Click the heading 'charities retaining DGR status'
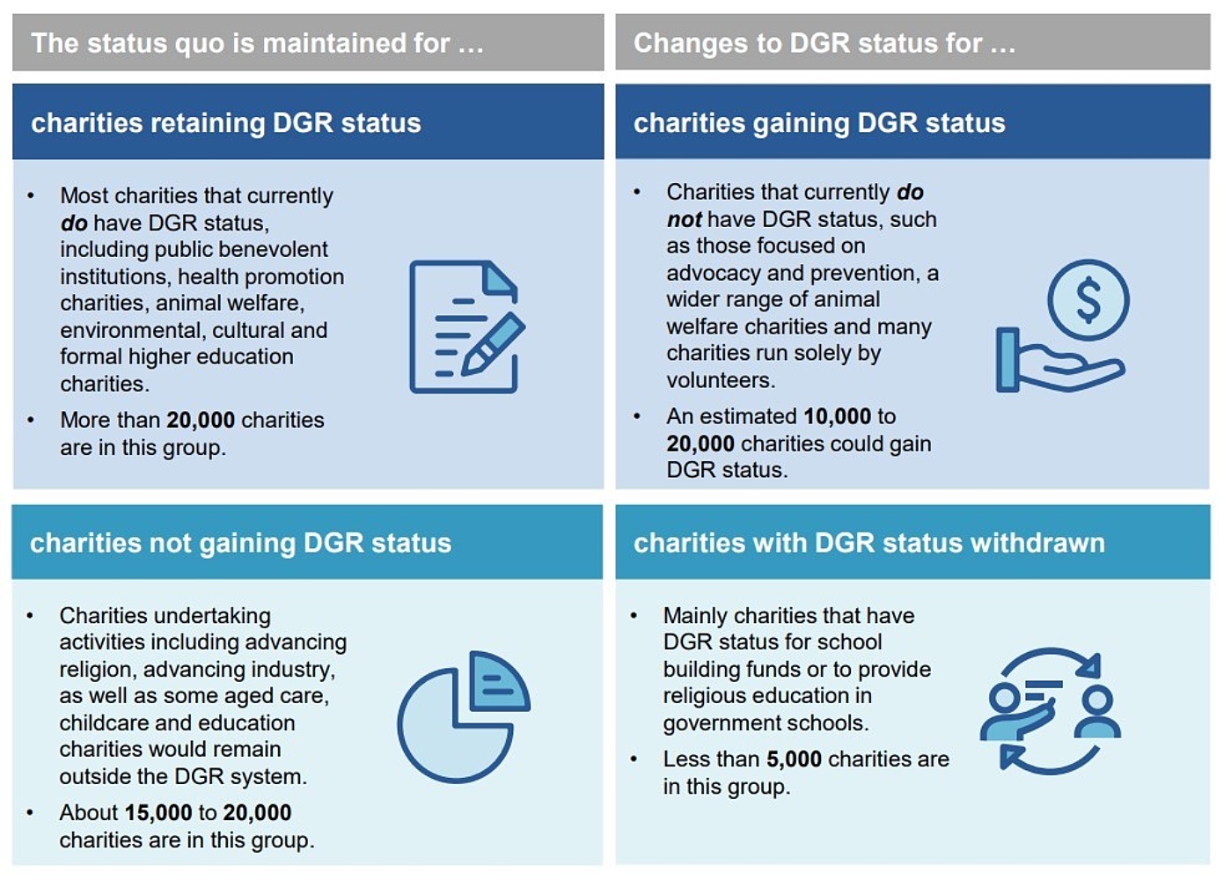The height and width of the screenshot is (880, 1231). coord(226,123)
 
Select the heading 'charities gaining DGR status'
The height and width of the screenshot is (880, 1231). coord(818,123)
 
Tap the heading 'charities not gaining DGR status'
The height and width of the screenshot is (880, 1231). coord(240,543)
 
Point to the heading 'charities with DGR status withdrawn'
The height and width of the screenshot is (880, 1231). coord(868,543)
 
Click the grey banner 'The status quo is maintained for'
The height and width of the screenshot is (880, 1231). coord(257,43)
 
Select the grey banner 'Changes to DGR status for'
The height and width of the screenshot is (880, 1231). coord(824,43)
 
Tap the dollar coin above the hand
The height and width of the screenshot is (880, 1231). coord(1088,300)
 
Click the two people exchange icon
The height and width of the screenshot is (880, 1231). coord(1050,711)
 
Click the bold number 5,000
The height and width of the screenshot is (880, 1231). coord(793,759)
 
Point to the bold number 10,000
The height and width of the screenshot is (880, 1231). coord(837,416)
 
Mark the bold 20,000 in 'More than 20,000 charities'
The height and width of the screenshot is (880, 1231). coord(200,421)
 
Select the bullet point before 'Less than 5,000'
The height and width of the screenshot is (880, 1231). coord(634,759)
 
